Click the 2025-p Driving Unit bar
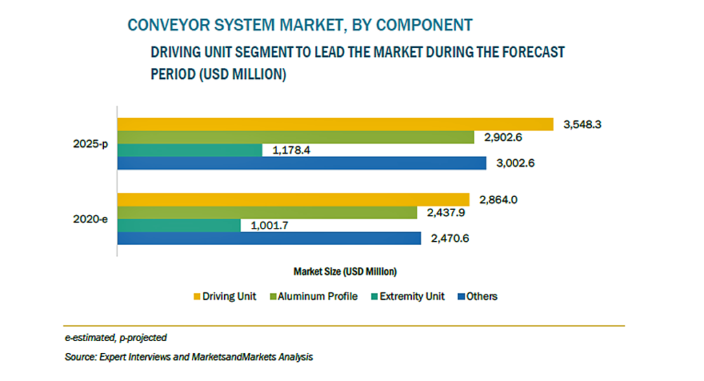click(335, 124)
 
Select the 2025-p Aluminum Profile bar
click(296, 137)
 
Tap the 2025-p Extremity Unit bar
click(190, 150)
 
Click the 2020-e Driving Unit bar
click(293, 200)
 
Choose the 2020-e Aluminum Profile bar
click(267, 213)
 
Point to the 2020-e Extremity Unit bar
click(179, 226)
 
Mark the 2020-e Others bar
click(269, 239)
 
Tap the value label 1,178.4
click(294, 150)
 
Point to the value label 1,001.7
click(272, 226)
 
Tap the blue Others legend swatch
click(460, 297)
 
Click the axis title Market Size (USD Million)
click(344, 270)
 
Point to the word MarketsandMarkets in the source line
click(238, 358)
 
